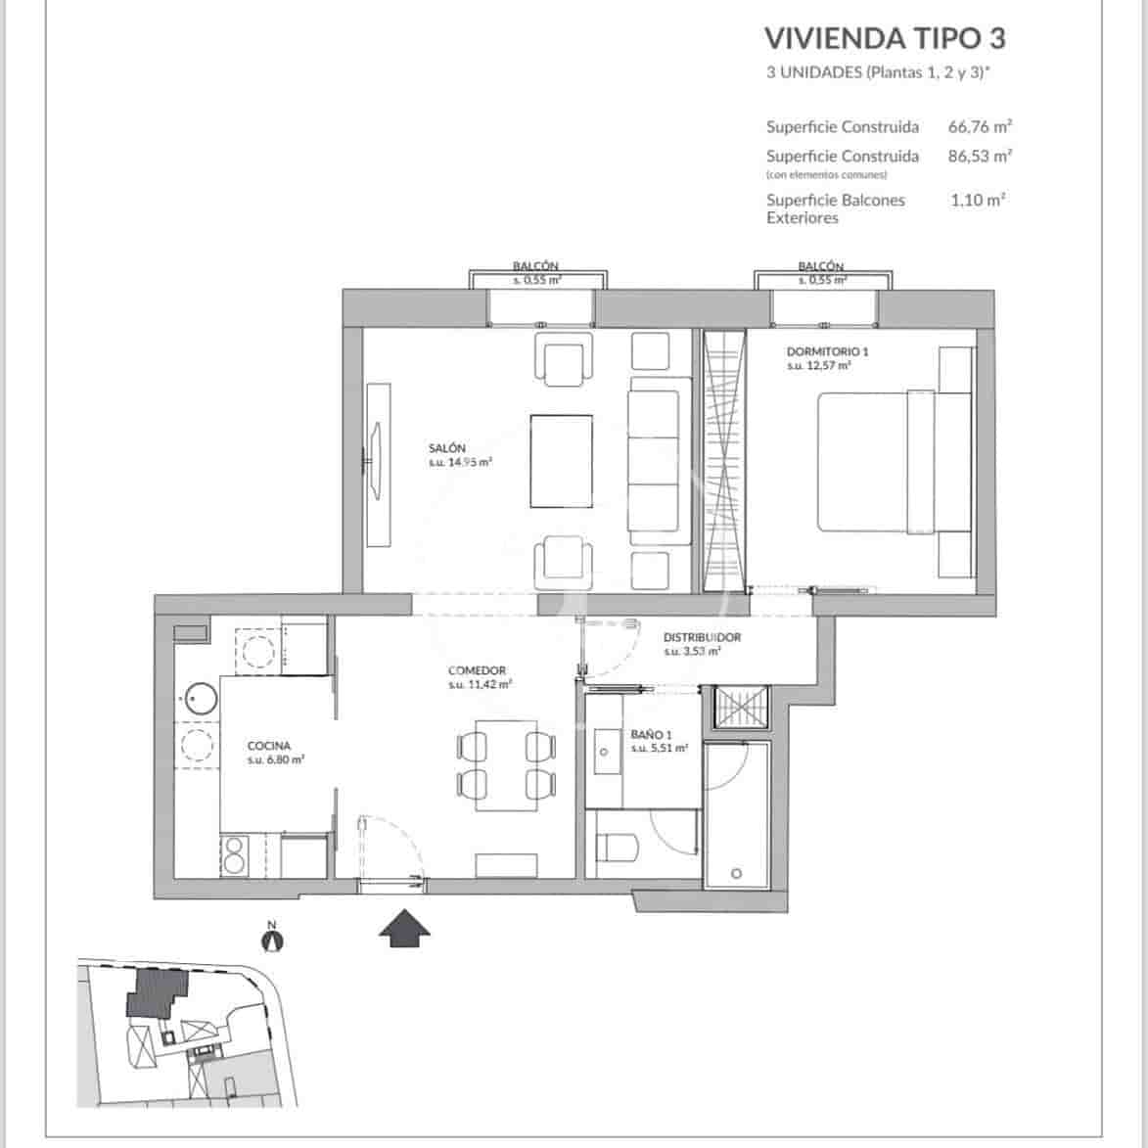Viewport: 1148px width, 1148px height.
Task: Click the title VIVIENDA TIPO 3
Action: [x=884, y=37]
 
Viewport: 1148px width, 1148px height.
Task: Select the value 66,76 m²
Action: [x=979, y=126]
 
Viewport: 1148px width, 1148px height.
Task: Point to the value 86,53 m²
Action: [x=979, y=156]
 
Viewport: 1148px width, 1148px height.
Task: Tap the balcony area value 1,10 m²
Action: [x=978, y=200]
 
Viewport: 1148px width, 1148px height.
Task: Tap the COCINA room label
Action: [x=269, y=746]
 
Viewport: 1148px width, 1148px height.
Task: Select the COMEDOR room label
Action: [x=477, y=671]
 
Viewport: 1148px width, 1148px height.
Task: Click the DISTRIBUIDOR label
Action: [x=701, y=637]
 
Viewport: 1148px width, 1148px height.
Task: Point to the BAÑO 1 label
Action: [x=651, y=735]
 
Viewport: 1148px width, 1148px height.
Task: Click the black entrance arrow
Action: [x=405, y=928]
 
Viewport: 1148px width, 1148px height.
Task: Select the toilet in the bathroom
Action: [x=617, y=847]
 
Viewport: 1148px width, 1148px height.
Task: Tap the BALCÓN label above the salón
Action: [x=535, y=265]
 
